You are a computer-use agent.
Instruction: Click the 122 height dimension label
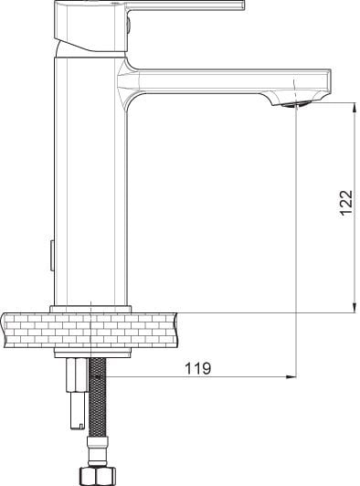(346, 203)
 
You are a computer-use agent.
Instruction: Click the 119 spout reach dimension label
(198, 368)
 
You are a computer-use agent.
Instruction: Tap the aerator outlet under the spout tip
(292, 105)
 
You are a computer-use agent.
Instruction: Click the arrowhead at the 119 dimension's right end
(291, 377)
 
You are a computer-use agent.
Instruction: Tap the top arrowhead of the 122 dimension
(354, 107)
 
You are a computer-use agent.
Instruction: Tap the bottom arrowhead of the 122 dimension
(354, 308)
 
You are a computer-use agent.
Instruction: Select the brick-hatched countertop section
(90, 330)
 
